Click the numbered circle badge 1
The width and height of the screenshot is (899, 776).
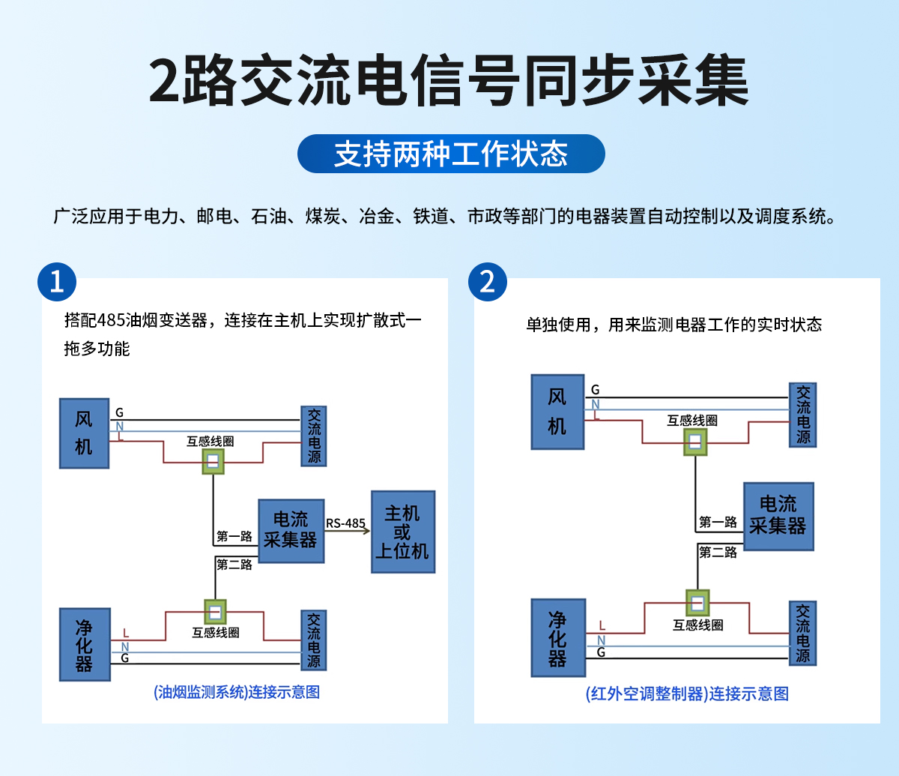click(x=57, y=282)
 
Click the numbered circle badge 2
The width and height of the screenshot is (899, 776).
click(x=488, y=282)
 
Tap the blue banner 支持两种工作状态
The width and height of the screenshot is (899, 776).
click(x=451, y=154)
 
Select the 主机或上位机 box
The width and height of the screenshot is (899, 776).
click(x=403, y=532)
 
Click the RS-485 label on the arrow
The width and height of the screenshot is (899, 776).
click(x=345, y=523)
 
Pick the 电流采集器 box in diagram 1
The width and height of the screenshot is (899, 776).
click(x=291, y=531)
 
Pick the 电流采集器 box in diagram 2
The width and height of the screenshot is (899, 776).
click(x=778, y=516)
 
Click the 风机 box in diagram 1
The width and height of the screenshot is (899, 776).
click(x=84, y=433)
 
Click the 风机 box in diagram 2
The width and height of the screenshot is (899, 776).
click(x=557, y=412)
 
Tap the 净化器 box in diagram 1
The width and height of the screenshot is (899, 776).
click(x=84, y=644)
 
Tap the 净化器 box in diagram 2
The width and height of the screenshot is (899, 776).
click(x=557, y=637)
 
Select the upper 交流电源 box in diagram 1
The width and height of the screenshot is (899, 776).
click(x=314, y=436)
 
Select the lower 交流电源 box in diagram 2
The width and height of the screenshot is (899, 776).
click(x=802, y=633)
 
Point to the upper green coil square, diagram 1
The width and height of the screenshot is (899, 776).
click(x=214, y=461)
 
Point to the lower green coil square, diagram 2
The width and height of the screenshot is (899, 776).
click(x=697, y=602)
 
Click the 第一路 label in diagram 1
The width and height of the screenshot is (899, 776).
click(x=234, y=537)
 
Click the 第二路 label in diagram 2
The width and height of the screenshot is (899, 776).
click(x=718, y=553)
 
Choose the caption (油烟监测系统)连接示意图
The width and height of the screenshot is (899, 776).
click(x=237, y=692)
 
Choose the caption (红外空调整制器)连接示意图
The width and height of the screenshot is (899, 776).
click(x=687, y=694)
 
